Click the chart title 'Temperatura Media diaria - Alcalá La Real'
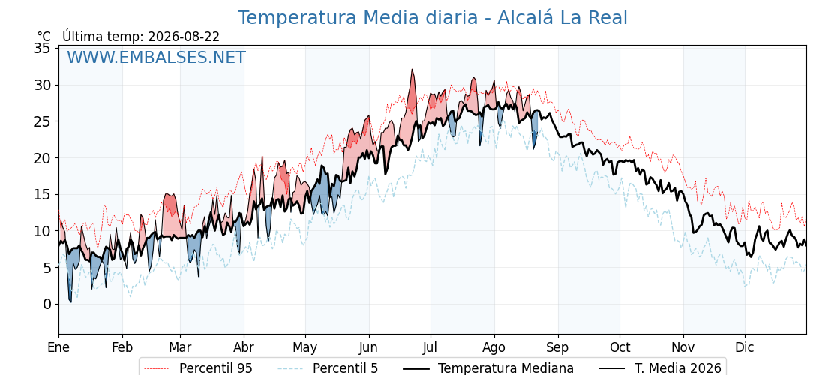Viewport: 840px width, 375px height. pyautogui.click(x=432, y=18)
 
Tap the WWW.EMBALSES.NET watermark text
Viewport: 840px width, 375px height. pyautogui.click(x=157, y=57)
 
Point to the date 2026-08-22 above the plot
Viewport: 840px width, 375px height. pyautogui.click(x=184, y=37)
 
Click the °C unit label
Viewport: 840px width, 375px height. pyautogui.click(x=44, y=37)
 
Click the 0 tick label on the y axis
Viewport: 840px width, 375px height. pyautogui.click(x=48, y=304)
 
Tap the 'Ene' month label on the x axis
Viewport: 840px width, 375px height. pyautogui.click(x=58, y=347)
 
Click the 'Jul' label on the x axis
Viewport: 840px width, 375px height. pyautogui.click(x=430, y=347)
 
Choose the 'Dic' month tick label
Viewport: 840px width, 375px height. pyautogui.click(x=745, y=347)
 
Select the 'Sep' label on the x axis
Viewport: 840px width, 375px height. pyautogui.click(x=558, y=347)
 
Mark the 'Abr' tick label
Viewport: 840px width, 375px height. pyautogui.click(x=244, y=347)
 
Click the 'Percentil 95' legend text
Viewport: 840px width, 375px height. pyautogui.click(x=216, y=368)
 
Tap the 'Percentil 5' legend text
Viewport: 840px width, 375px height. pyautogui.click(x=345, y=368)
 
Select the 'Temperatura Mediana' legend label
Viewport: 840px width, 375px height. pyautogui.click(x=505, y=368)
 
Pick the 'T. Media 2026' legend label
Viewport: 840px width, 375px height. pyautogui.click(x=678, y=368)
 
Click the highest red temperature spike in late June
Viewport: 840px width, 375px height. pyautogui.click(x=412, y=70)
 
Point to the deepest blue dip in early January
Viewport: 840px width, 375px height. pyautogui.click(x=70, y=301)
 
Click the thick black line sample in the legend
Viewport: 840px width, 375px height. pyautogui.click(x=415, y=368)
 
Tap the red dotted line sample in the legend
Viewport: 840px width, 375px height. pyautogui.click(x=157, y=368)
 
